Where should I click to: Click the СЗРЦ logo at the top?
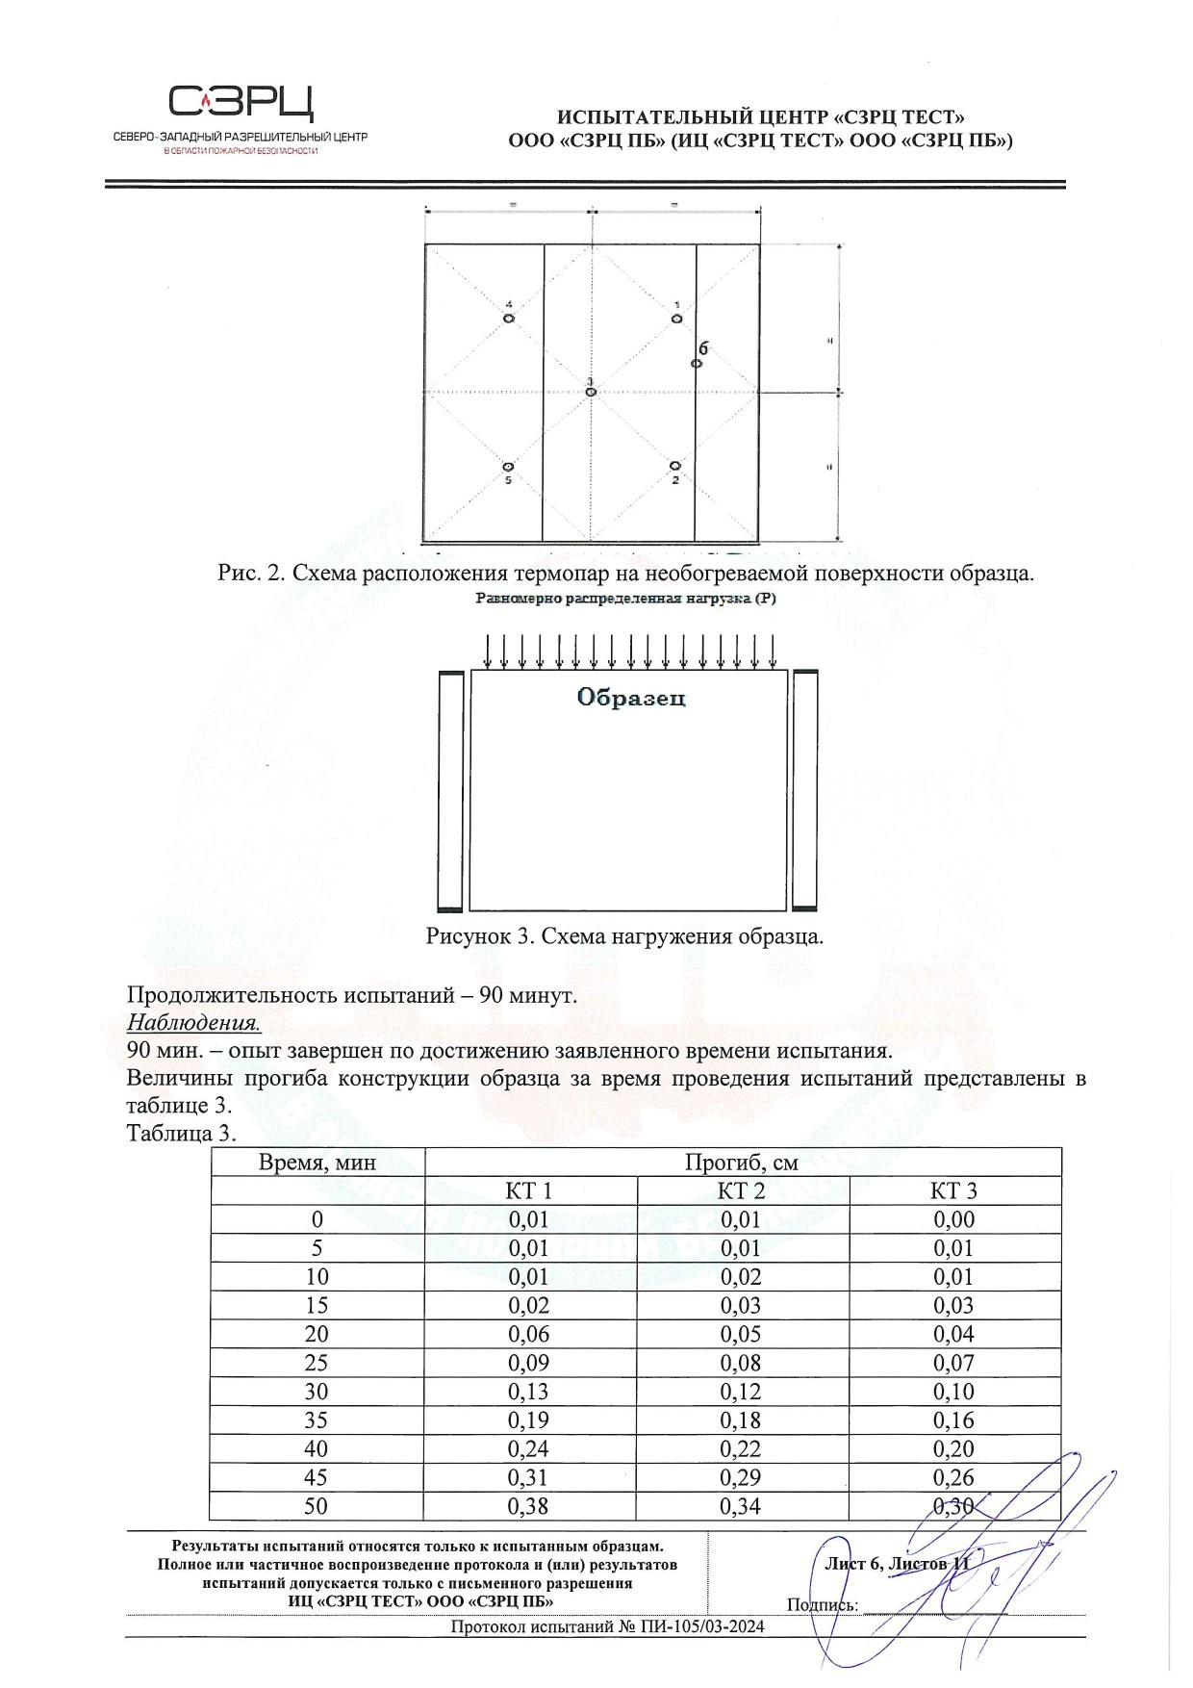(x=241, y=102)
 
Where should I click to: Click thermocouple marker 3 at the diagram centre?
(x=591, y=392)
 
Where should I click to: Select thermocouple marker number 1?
(x=676, y=318)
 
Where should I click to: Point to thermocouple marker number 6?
(x=697, y=363)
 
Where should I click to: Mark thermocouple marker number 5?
(x=508, y=466)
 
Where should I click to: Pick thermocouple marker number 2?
(x=675, y=466)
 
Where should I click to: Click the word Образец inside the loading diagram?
(x=631, y=698)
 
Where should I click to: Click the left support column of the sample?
(x=450, y=790)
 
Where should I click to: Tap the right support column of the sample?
(x=804, y=790)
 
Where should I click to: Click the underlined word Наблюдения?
(x=193, y=1022)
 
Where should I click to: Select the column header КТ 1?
(x=529, y=1190)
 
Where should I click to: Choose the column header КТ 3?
(x=953, y=1190)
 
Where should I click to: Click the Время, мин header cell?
(x=317, y=1162)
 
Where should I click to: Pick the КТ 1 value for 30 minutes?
(x=529, y=1392)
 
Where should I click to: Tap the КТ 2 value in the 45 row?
(x=741, y=1477)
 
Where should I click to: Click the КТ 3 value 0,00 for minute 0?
(x=953, y=1219)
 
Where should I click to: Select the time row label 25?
(x=317, y=1363)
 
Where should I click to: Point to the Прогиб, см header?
(x=742, y=1162)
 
